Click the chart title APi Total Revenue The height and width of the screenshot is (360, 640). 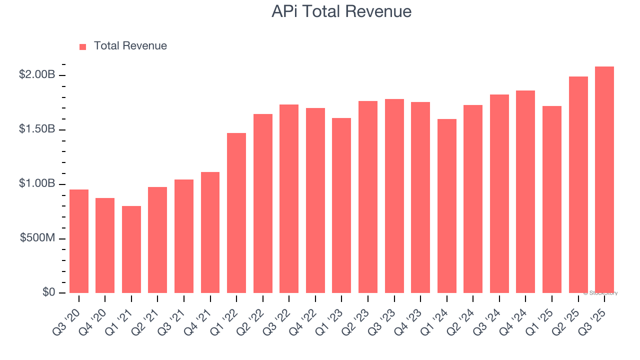[341, 11]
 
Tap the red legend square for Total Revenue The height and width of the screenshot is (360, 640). [83, 46]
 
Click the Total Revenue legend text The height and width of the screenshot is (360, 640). [130, 46]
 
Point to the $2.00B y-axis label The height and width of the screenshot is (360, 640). [37, 75]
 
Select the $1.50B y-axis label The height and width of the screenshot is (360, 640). [37, 129]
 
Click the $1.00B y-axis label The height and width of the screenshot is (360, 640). [37, 184]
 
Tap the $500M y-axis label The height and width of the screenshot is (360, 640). [37, 238]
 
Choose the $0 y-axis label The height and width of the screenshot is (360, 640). [49, 292]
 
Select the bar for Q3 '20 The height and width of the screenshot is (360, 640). [79, 241]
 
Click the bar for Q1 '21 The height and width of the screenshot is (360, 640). [131, 249]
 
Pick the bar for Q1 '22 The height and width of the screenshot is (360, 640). [236, 213]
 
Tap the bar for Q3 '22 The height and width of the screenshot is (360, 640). [289, 198]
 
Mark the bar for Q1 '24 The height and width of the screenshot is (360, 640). [446, 206]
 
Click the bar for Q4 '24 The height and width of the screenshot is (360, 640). [525, 191]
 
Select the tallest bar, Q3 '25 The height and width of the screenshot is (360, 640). [604, 179]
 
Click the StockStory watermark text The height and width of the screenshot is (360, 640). [600, 293]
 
